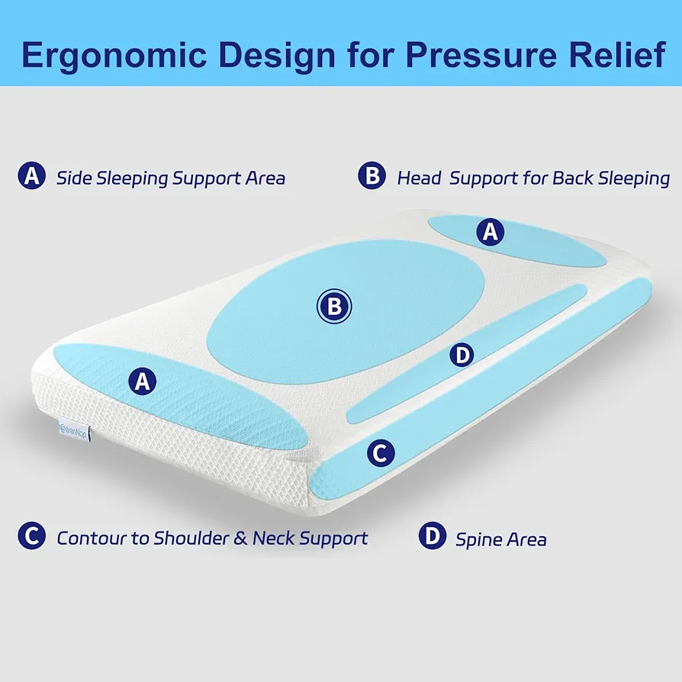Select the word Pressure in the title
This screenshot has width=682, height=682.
[481, 55]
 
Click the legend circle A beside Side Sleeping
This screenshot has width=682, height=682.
[32, 175]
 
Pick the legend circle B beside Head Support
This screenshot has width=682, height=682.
[372, 175]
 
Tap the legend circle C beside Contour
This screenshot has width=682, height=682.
[32, 536]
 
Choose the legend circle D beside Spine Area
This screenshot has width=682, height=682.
[433, 536]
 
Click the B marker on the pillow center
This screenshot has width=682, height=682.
[334, 306]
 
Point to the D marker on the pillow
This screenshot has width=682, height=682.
[462, 355]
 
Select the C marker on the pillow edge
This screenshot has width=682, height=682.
[381, 453]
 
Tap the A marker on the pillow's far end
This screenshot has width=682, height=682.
[491, 232]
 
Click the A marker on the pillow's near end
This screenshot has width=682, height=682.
[142, 381]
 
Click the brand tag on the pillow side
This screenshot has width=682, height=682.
[74, 432]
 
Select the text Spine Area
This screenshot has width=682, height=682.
[500, 540]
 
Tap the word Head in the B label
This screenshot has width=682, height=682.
[420, 178]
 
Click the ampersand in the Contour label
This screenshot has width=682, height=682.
[240, 539]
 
